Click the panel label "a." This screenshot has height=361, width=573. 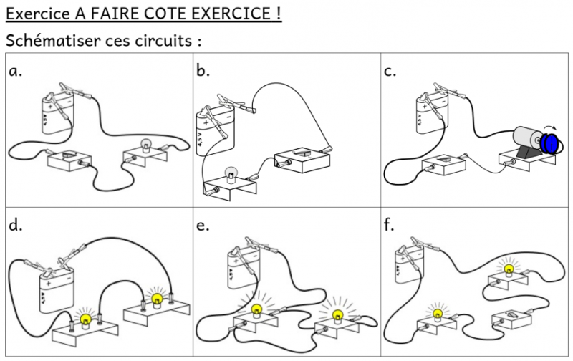point(16,71)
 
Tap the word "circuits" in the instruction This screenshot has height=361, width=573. point(162,40)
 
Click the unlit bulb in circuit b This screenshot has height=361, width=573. point(232,173)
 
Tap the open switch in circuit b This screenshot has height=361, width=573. point(302,155)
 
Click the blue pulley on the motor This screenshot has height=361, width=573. point(552,142)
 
